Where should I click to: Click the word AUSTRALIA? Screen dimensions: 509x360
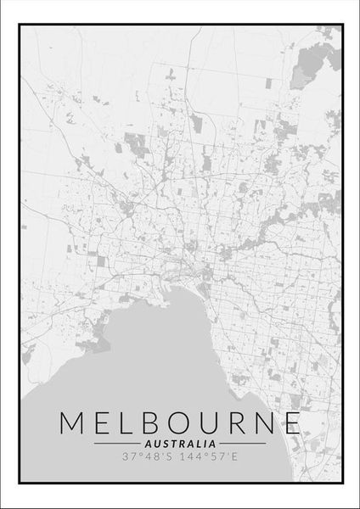point(180,443)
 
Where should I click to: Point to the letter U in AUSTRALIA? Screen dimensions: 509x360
point(158,443)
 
